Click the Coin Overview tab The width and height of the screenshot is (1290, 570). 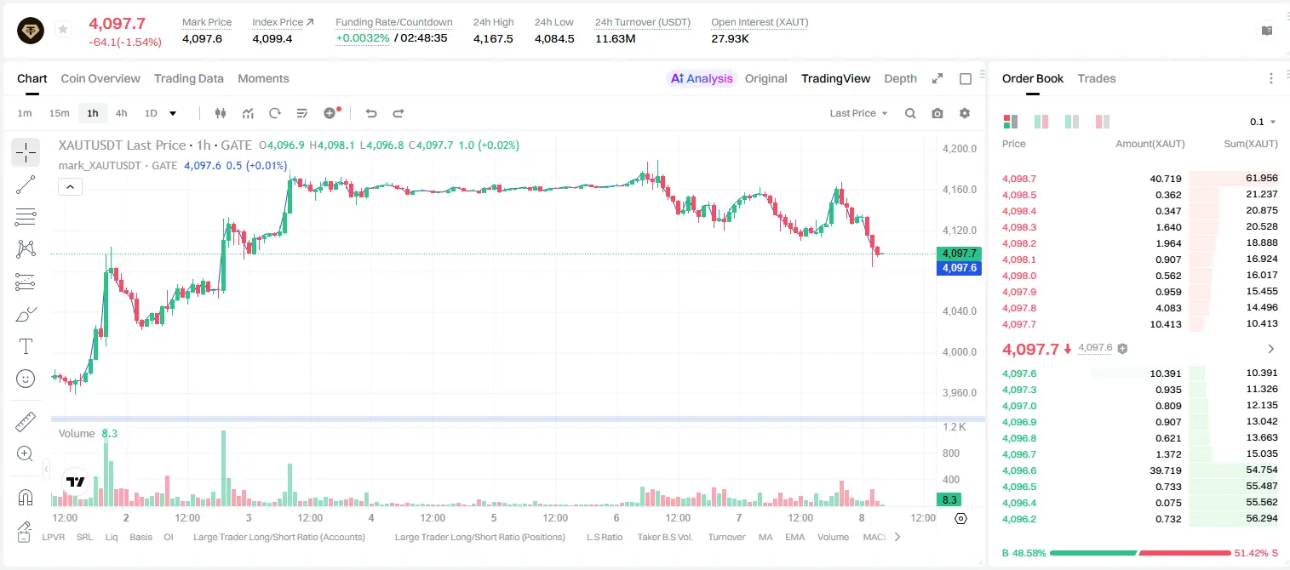(100, 78)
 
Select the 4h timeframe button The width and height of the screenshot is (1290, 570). (121, 113)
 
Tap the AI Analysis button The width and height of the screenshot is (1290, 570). (702, 78)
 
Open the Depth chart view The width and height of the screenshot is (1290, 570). (900, 78)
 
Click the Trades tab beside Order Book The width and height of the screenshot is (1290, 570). (1097, 78)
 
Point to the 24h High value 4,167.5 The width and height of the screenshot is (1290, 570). (493, 38)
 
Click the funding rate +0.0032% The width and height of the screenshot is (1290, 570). (362, 38)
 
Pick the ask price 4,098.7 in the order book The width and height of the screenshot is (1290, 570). (1018, 179)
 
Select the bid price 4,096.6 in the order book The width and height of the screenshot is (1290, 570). (1018, 470)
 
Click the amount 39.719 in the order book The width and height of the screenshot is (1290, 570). (1165, 470)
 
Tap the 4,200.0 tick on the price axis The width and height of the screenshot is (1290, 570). (960, 148)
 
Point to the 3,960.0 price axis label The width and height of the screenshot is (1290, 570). (960, 393)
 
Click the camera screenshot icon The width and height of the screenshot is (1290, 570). (937, 113)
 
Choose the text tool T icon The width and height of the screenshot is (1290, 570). (26, 346)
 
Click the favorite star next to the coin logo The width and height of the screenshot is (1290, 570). (63, 29)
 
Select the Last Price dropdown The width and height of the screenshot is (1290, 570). (858, 113)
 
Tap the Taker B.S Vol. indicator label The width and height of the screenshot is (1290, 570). (664, 537)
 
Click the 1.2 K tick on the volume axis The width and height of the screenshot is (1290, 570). (955, 427)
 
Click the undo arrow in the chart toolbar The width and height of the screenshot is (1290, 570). (371, 113)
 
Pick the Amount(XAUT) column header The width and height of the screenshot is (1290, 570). (1150, 144)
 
